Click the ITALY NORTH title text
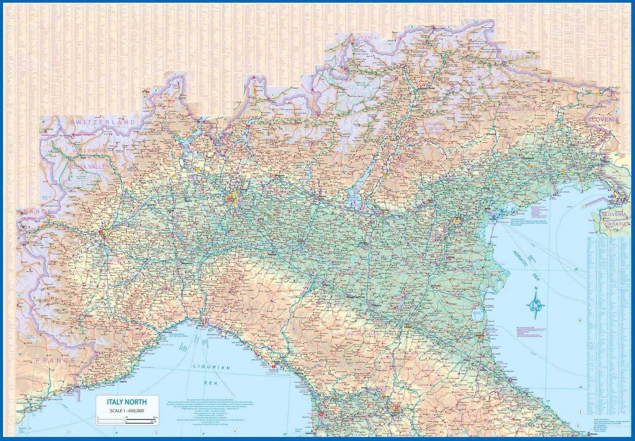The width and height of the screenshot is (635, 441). (127, 402)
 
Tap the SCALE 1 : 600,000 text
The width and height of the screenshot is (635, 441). (127, 410)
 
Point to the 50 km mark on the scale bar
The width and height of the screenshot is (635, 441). (155, 417)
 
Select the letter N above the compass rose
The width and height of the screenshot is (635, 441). (536, 289)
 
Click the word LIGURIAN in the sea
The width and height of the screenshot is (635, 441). (211, 367)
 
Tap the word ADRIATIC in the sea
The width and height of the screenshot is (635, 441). (520, 258)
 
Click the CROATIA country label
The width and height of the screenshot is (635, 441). (615, 224)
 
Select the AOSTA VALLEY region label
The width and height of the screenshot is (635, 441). (88, 167)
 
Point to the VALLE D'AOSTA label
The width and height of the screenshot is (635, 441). (90, 151)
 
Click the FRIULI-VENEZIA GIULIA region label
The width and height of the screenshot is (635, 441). (515, 109)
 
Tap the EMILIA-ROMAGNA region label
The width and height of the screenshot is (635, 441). (364, 334)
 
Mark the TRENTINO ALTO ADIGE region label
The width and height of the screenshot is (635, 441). (434, 128)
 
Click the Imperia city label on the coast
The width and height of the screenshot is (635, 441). (123, 382)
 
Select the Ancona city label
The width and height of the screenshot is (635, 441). (594, 434)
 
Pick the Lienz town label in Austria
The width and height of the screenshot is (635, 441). (529, 53)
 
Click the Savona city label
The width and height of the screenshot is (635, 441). (168, 333)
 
